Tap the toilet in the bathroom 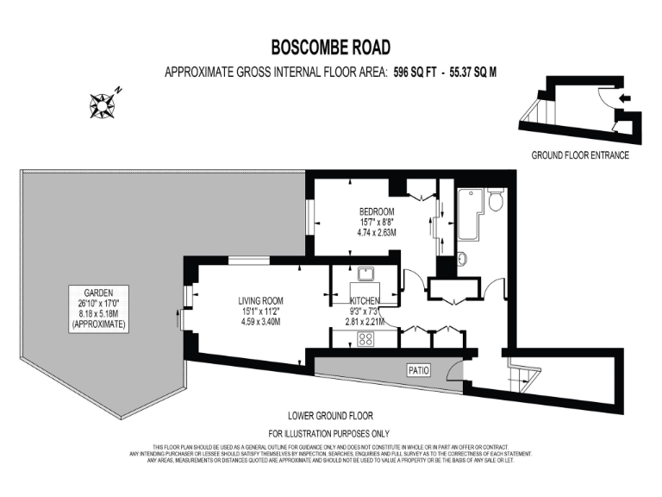click(495, 201)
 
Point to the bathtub click(466, 215)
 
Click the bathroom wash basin click(462, 257)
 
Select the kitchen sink click(365, 275)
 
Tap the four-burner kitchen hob click(365, 339)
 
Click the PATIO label click(419, 370)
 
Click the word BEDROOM click(377, 211)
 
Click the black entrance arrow click(624, 99)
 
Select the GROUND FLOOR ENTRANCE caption click(579, 155)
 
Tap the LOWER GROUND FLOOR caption click(329, 415)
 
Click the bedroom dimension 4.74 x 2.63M click(377, 232)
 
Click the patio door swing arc click(454, 373)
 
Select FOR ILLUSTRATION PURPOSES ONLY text click(329, 433)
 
